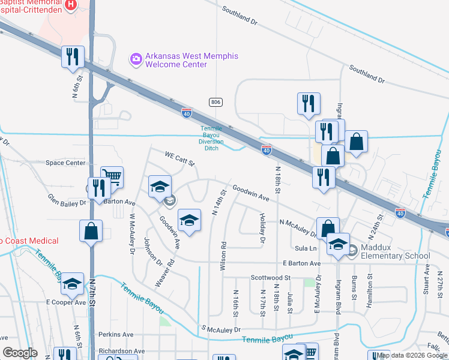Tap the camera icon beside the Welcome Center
click(136, 58)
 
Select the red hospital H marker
click(70, 5)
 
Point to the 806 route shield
click(216, 103)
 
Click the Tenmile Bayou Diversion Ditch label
click(211, 137)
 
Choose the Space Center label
click(65, 163)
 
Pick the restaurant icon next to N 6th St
click(73, 57)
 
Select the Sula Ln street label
click(305, 248)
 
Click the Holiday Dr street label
click(262, 228)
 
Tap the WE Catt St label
click(181, 160)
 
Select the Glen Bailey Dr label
click(67, 200)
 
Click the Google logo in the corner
click(20, 353)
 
